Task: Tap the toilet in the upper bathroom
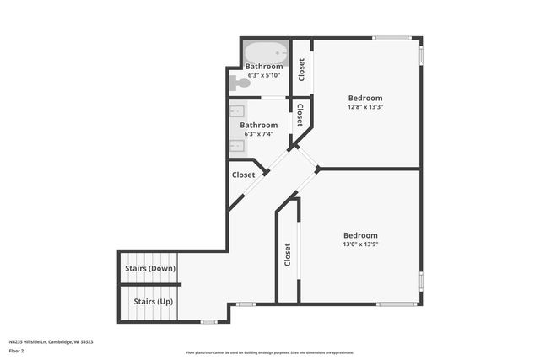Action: click(x=242, y=83)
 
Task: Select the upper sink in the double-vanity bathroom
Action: click(x=237, y=110)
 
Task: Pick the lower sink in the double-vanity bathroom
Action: click(x=237, y=145)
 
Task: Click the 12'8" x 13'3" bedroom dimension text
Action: click(x=364, y=107)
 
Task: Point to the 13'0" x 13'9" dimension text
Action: click(x=360, y=244)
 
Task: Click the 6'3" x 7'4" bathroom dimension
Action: click(x=259, y=133)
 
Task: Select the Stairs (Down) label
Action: click(x=149, y=268)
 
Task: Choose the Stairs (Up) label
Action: click(x=149, y=301)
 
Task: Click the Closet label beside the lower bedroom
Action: click(x=288, y=255)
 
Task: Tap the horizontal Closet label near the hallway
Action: click(x=243, y=175)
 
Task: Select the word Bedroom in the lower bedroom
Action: click(x=360, y=235)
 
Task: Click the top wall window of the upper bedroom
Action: click(x=391, y=37)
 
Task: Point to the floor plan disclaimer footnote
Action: click(x=270, y=353)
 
